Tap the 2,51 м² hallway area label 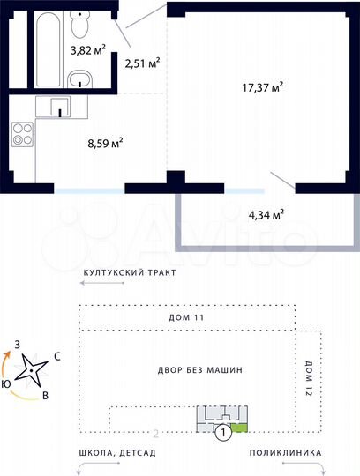[142, 63]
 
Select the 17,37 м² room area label [263, 86]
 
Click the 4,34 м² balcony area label [265, 214]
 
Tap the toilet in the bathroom [81, 17]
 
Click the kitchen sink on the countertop [58, 108]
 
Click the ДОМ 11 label [185, 316]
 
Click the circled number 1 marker [224, 432]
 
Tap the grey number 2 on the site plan [156, 434]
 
